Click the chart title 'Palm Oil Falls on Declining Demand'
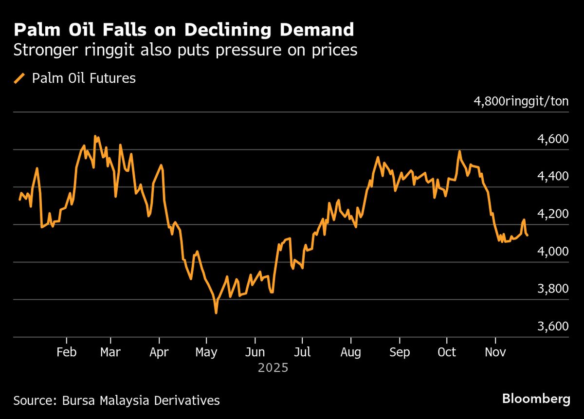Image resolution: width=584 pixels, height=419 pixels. point(183,30)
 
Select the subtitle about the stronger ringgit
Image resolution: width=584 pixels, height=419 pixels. point(185,51)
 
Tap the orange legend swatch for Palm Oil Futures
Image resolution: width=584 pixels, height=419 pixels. point(20,78)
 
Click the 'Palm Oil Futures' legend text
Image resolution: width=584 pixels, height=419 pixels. point(84,78)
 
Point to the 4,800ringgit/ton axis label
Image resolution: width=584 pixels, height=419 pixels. point(521,102)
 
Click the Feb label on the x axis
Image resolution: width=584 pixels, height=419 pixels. point(66,352)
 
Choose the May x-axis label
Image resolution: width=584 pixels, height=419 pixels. point(206,352)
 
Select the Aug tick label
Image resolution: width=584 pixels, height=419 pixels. point(350,352)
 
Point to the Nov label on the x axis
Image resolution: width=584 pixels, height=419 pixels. point(495,352)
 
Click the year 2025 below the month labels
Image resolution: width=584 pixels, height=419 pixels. point(273,368)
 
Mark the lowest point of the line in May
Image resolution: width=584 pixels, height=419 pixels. point(216,313)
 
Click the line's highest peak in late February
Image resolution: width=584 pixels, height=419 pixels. point(95,136)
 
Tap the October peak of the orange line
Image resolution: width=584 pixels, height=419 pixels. point(459,151)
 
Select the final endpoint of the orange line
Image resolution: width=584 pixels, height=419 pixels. point(528,236)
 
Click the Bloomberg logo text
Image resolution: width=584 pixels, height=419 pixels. point(536,400)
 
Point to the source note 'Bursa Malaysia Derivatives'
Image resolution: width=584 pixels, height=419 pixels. point(141,401)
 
